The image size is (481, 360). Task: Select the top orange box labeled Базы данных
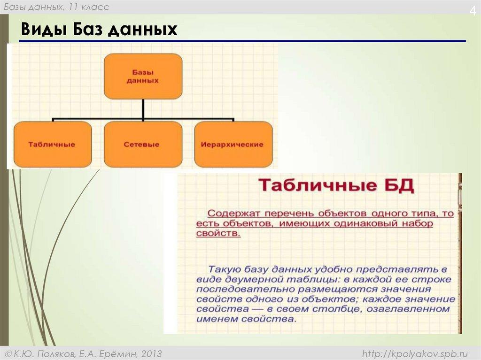(143, 76)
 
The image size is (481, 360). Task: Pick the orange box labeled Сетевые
(142, 145)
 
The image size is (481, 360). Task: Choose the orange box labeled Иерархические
(233, 145)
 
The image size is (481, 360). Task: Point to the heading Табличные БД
(336, 186)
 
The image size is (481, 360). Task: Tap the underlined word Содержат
(229, 214)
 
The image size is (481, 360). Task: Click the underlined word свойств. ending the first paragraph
(218, 233)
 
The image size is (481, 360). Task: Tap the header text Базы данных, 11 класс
(57, 7)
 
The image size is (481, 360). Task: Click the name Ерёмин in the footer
(120, 353)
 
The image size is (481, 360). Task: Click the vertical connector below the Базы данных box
(143, 109)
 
